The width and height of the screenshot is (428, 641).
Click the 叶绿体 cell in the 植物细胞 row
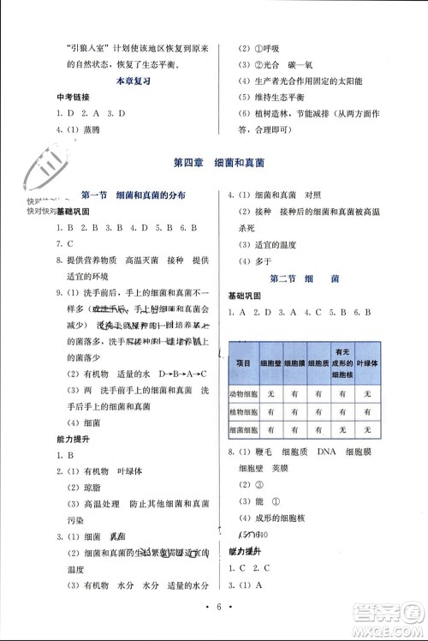[367, 412]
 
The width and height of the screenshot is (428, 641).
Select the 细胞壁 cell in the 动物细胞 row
[270, 393]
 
